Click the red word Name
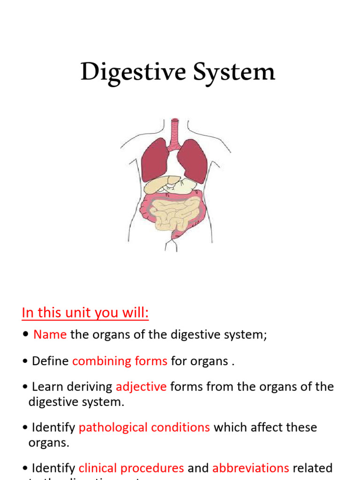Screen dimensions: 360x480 coord(50,335)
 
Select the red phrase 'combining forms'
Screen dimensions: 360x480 coord(120,361)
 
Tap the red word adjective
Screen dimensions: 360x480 coord(141,387)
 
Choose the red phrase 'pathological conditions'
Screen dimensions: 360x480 coord(144,427)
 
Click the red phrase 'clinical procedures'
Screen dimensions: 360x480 coord(131,468)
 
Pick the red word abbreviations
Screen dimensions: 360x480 coord(251,468)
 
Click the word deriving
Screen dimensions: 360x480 coord(89,387)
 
